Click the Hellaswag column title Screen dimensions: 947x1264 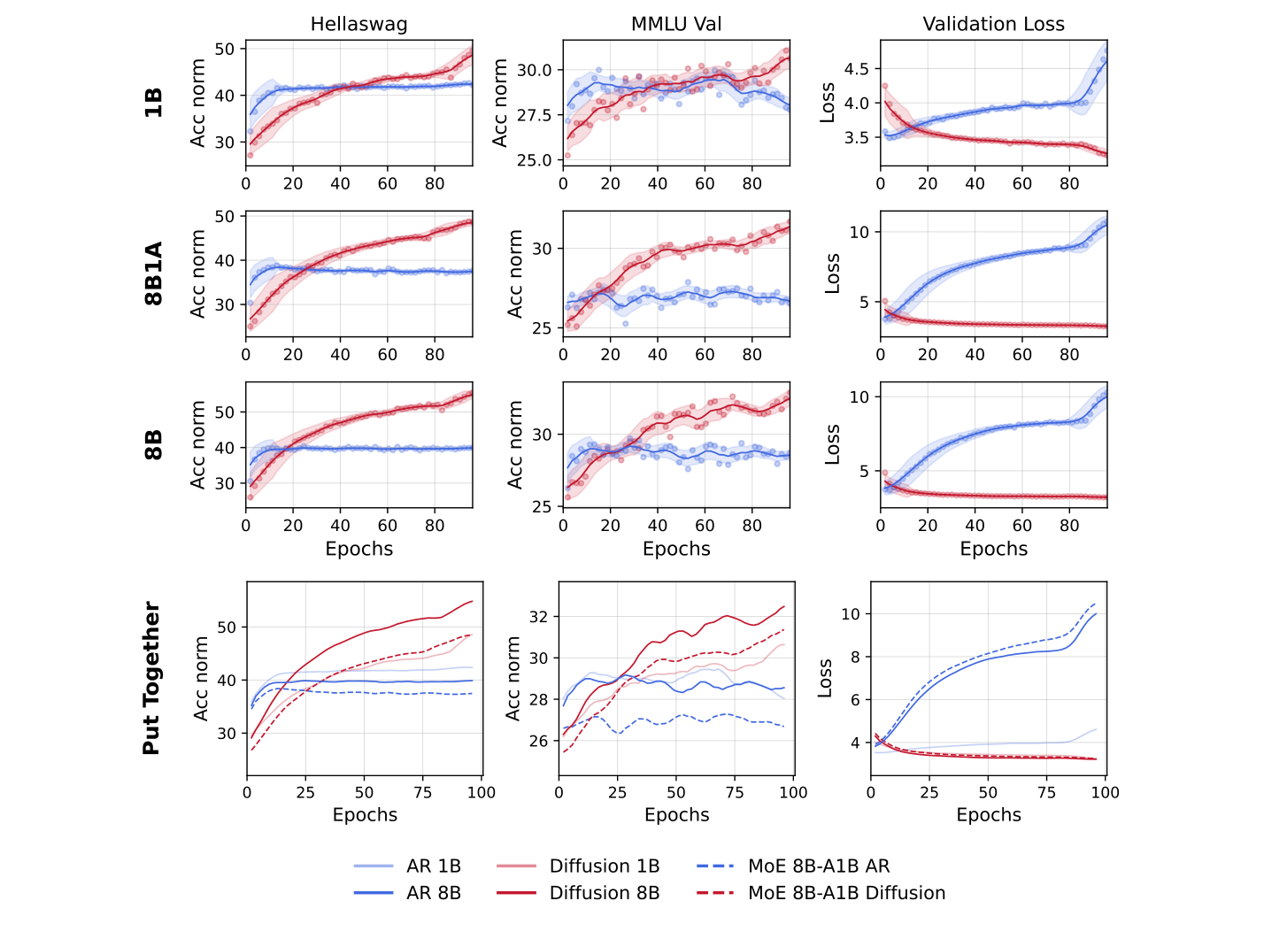pyautogui.click(x=358, y=24)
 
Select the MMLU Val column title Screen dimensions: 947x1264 pyautogui.click(x=676, y=24)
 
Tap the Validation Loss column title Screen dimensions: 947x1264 pyautogui.click(x=993, y=24)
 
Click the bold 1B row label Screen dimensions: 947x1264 pyautogui.click(x=153, y=103)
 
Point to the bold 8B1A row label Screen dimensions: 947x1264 pyautogui.click(x=153, y=273)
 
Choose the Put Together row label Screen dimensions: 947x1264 pyautogui.click(x=151, y=679)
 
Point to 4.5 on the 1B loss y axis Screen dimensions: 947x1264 pyautogui.click(x=856, y=69)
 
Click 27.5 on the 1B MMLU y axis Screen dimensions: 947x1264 pyautogui.click(x=534, y=116)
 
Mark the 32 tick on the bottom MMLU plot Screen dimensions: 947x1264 pyautogui.click(x=539, y=617)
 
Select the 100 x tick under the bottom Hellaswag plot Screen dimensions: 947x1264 pyautogui.click(x=482, y=792)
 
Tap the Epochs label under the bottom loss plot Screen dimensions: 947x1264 pyautogui.click(x=988, y=815)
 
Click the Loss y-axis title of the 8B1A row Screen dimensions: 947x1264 pyautogui.click(x=832, y=273)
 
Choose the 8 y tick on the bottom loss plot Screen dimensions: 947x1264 pyautogui.click(x=854, y=657)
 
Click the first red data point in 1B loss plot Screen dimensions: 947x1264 pyautogui.click(x=884, y=86)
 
